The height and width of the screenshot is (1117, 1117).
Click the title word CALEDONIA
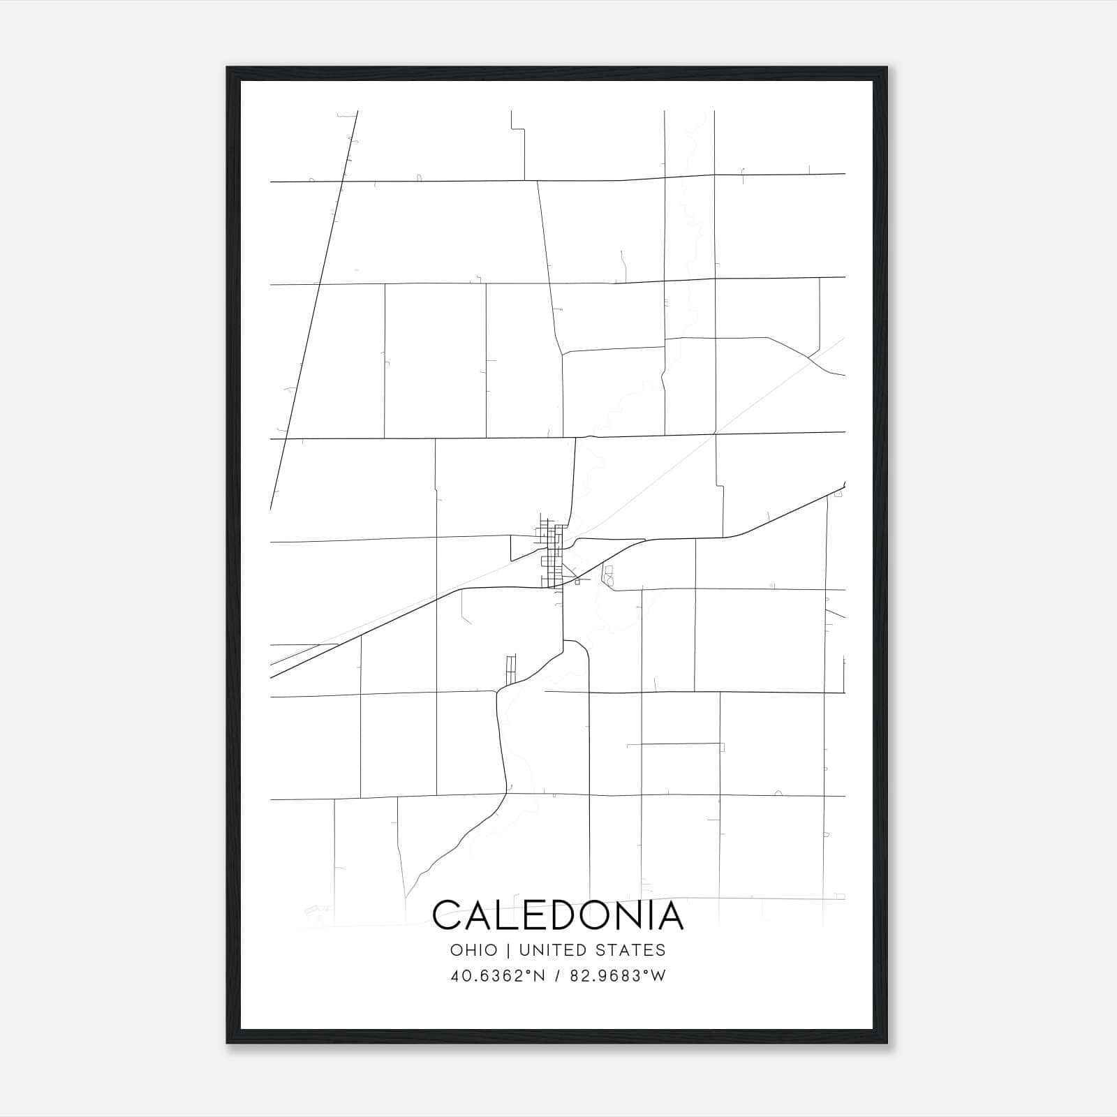tap(558, 915)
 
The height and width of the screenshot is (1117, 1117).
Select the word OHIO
tap(474, 950)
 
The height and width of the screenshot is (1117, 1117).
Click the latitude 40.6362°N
tap(498, 975)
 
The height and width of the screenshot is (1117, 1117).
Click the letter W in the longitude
tap(658, 975)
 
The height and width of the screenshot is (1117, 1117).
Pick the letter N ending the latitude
tap(540, 975)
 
